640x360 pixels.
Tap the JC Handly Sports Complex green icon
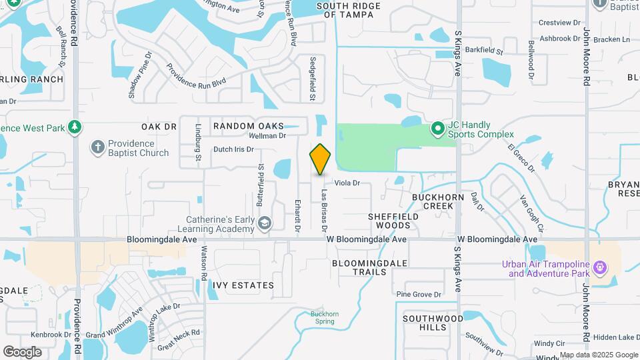pos(437,127)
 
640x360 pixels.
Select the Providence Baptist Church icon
pos(97,147)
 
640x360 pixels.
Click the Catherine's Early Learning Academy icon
pos(264,223)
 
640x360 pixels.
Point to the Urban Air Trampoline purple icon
pos(600,267)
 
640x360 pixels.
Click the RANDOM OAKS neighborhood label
pos(247,126)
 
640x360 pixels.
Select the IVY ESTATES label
pos(243,285)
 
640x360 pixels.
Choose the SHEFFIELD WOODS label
pos(393,221)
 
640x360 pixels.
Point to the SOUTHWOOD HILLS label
pos(433,323)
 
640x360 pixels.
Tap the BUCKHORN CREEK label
pos(433,201)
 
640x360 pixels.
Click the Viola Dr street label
pos(347,183)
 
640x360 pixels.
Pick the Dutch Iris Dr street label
pos(233,149)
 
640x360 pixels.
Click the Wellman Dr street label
pos(267,135)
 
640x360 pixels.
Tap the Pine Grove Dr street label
pos(419,294)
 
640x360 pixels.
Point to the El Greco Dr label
pos(521,157)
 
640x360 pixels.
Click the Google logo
pos(22,351)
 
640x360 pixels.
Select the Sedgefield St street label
pos(312,79)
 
